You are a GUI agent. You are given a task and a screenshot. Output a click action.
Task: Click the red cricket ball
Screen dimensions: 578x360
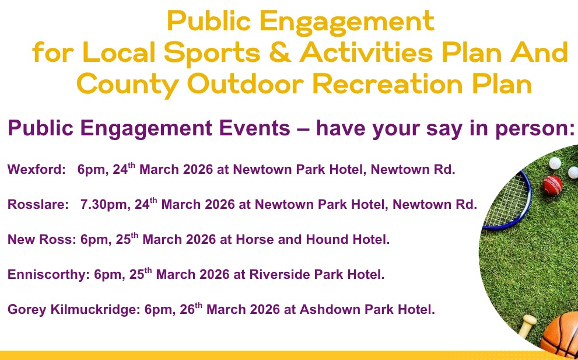point(552,185)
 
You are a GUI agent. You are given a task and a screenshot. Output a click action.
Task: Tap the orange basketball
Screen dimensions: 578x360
point(561,335)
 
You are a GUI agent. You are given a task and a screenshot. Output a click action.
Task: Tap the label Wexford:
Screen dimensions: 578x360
point(37,170)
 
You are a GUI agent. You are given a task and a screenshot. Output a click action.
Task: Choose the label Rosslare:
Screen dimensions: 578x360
point(38,204)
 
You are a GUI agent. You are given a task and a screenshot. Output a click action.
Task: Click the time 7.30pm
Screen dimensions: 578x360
point(106,205)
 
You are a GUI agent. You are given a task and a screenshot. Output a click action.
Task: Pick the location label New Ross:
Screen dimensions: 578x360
point(42,239)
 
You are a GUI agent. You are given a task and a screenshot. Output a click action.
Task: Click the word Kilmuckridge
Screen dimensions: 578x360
point(95,309)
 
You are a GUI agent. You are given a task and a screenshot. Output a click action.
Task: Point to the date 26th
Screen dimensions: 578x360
point(191,308)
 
